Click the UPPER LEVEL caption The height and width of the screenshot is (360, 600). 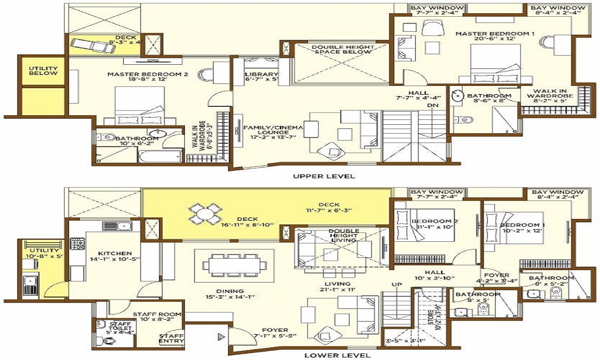pyautogui.click(x=324, y=176)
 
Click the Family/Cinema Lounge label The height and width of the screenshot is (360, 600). pyautogui.click(x=273, y=131)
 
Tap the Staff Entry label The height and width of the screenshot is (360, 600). pyautogui.click(x=171, y=340)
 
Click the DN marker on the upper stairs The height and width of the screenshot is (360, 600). pyautogui.click(x=433, y=106)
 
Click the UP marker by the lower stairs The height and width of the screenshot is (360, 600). pyautogui.click(x=397, y=284)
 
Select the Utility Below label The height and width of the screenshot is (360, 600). pyautogui.click(x=43, y=70)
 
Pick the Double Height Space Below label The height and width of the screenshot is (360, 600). pyautogui.click(x=334, y=50)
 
